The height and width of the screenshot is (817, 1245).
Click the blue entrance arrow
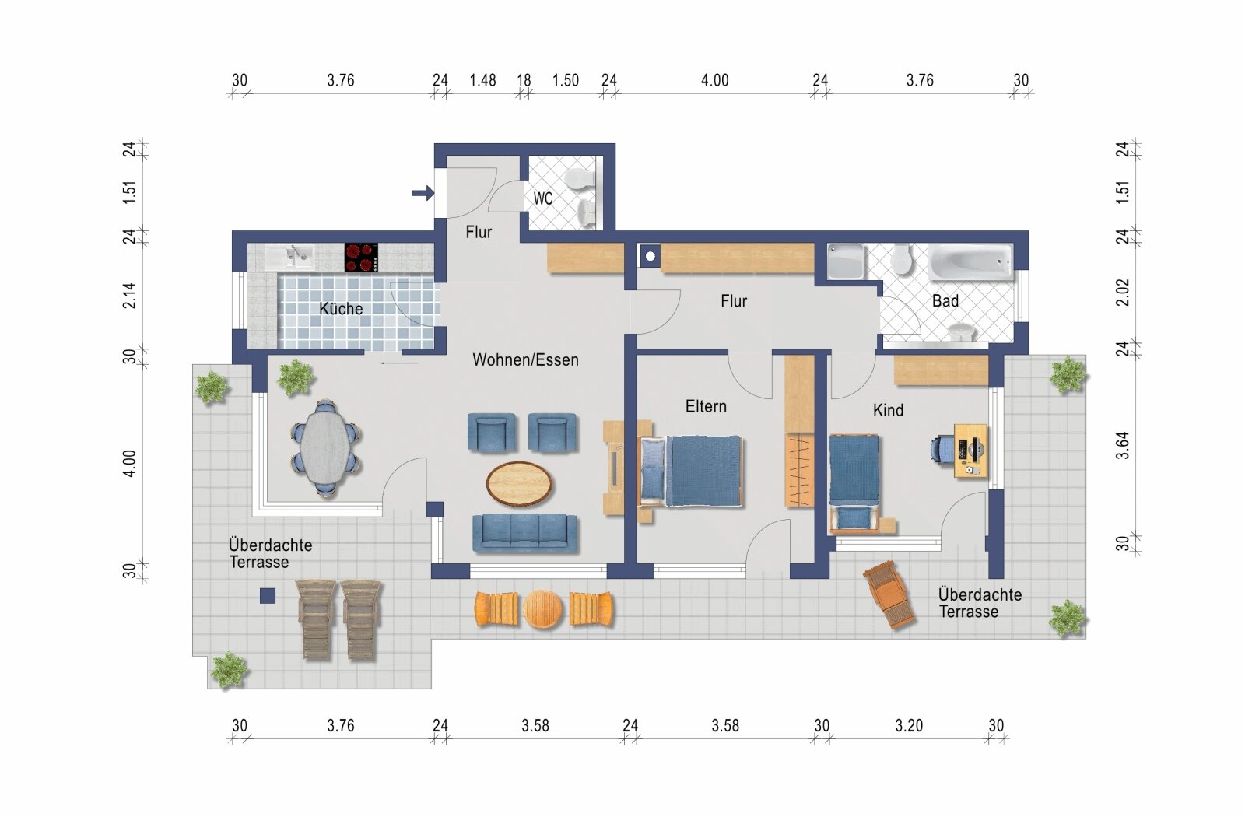(423, 193)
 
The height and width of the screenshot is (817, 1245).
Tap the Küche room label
(341, 308)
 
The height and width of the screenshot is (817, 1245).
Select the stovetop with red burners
(361, 258)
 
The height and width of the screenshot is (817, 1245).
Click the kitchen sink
(289, 258)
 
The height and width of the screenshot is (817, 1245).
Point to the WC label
(543, 198)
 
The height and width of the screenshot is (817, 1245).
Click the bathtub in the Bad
(970, 262)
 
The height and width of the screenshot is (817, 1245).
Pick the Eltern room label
(706, 406)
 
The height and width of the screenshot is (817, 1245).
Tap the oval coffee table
(519, 483)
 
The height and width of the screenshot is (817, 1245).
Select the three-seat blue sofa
(524, 533)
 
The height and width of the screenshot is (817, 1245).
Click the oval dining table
(325, 447)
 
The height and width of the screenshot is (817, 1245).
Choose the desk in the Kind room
(971, 451)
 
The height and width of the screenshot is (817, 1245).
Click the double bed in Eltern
(691, 471)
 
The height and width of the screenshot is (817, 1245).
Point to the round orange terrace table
(543, 609)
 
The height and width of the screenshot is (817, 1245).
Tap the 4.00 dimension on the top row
(715, 81)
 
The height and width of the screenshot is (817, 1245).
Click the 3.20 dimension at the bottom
(909, 725)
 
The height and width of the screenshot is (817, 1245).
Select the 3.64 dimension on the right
(1123, 445)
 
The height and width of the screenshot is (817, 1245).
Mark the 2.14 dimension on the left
(129, 296)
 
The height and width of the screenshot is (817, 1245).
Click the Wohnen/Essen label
(526, 359)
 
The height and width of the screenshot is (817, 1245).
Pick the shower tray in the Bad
(845, 261)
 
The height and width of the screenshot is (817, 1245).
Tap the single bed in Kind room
(854, 483)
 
